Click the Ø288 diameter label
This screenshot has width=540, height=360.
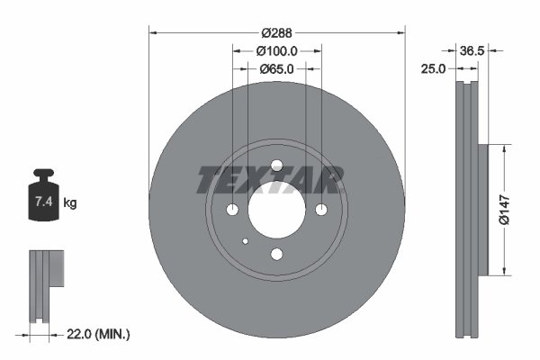[x=277, y=17]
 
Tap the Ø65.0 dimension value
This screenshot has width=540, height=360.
[x=277, y=68]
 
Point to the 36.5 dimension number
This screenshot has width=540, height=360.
[x=472, y=51]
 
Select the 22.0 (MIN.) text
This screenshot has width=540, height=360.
[x=100, y=334]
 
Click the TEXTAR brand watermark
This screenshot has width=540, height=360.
[x=270, y=180]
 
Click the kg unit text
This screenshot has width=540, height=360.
[x=70, y=203]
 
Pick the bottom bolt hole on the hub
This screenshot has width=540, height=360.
[x=276, y=254]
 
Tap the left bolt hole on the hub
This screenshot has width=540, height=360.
[x=233, y=210]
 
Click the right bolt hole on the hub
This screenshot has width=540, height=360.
[x=320, y=210]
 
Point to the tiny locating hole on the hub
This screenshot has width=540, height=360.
[x=246, y=240]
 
